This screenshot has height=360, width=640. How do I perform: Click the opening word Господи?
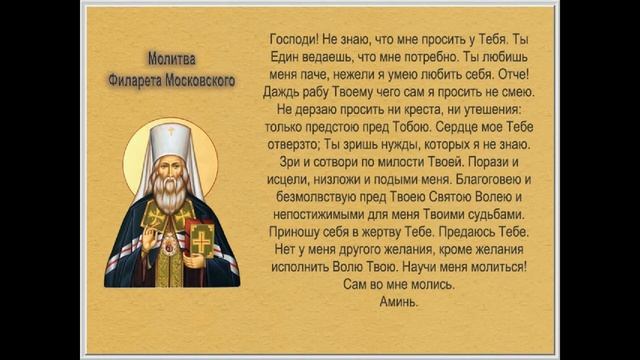pos(295,38)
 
